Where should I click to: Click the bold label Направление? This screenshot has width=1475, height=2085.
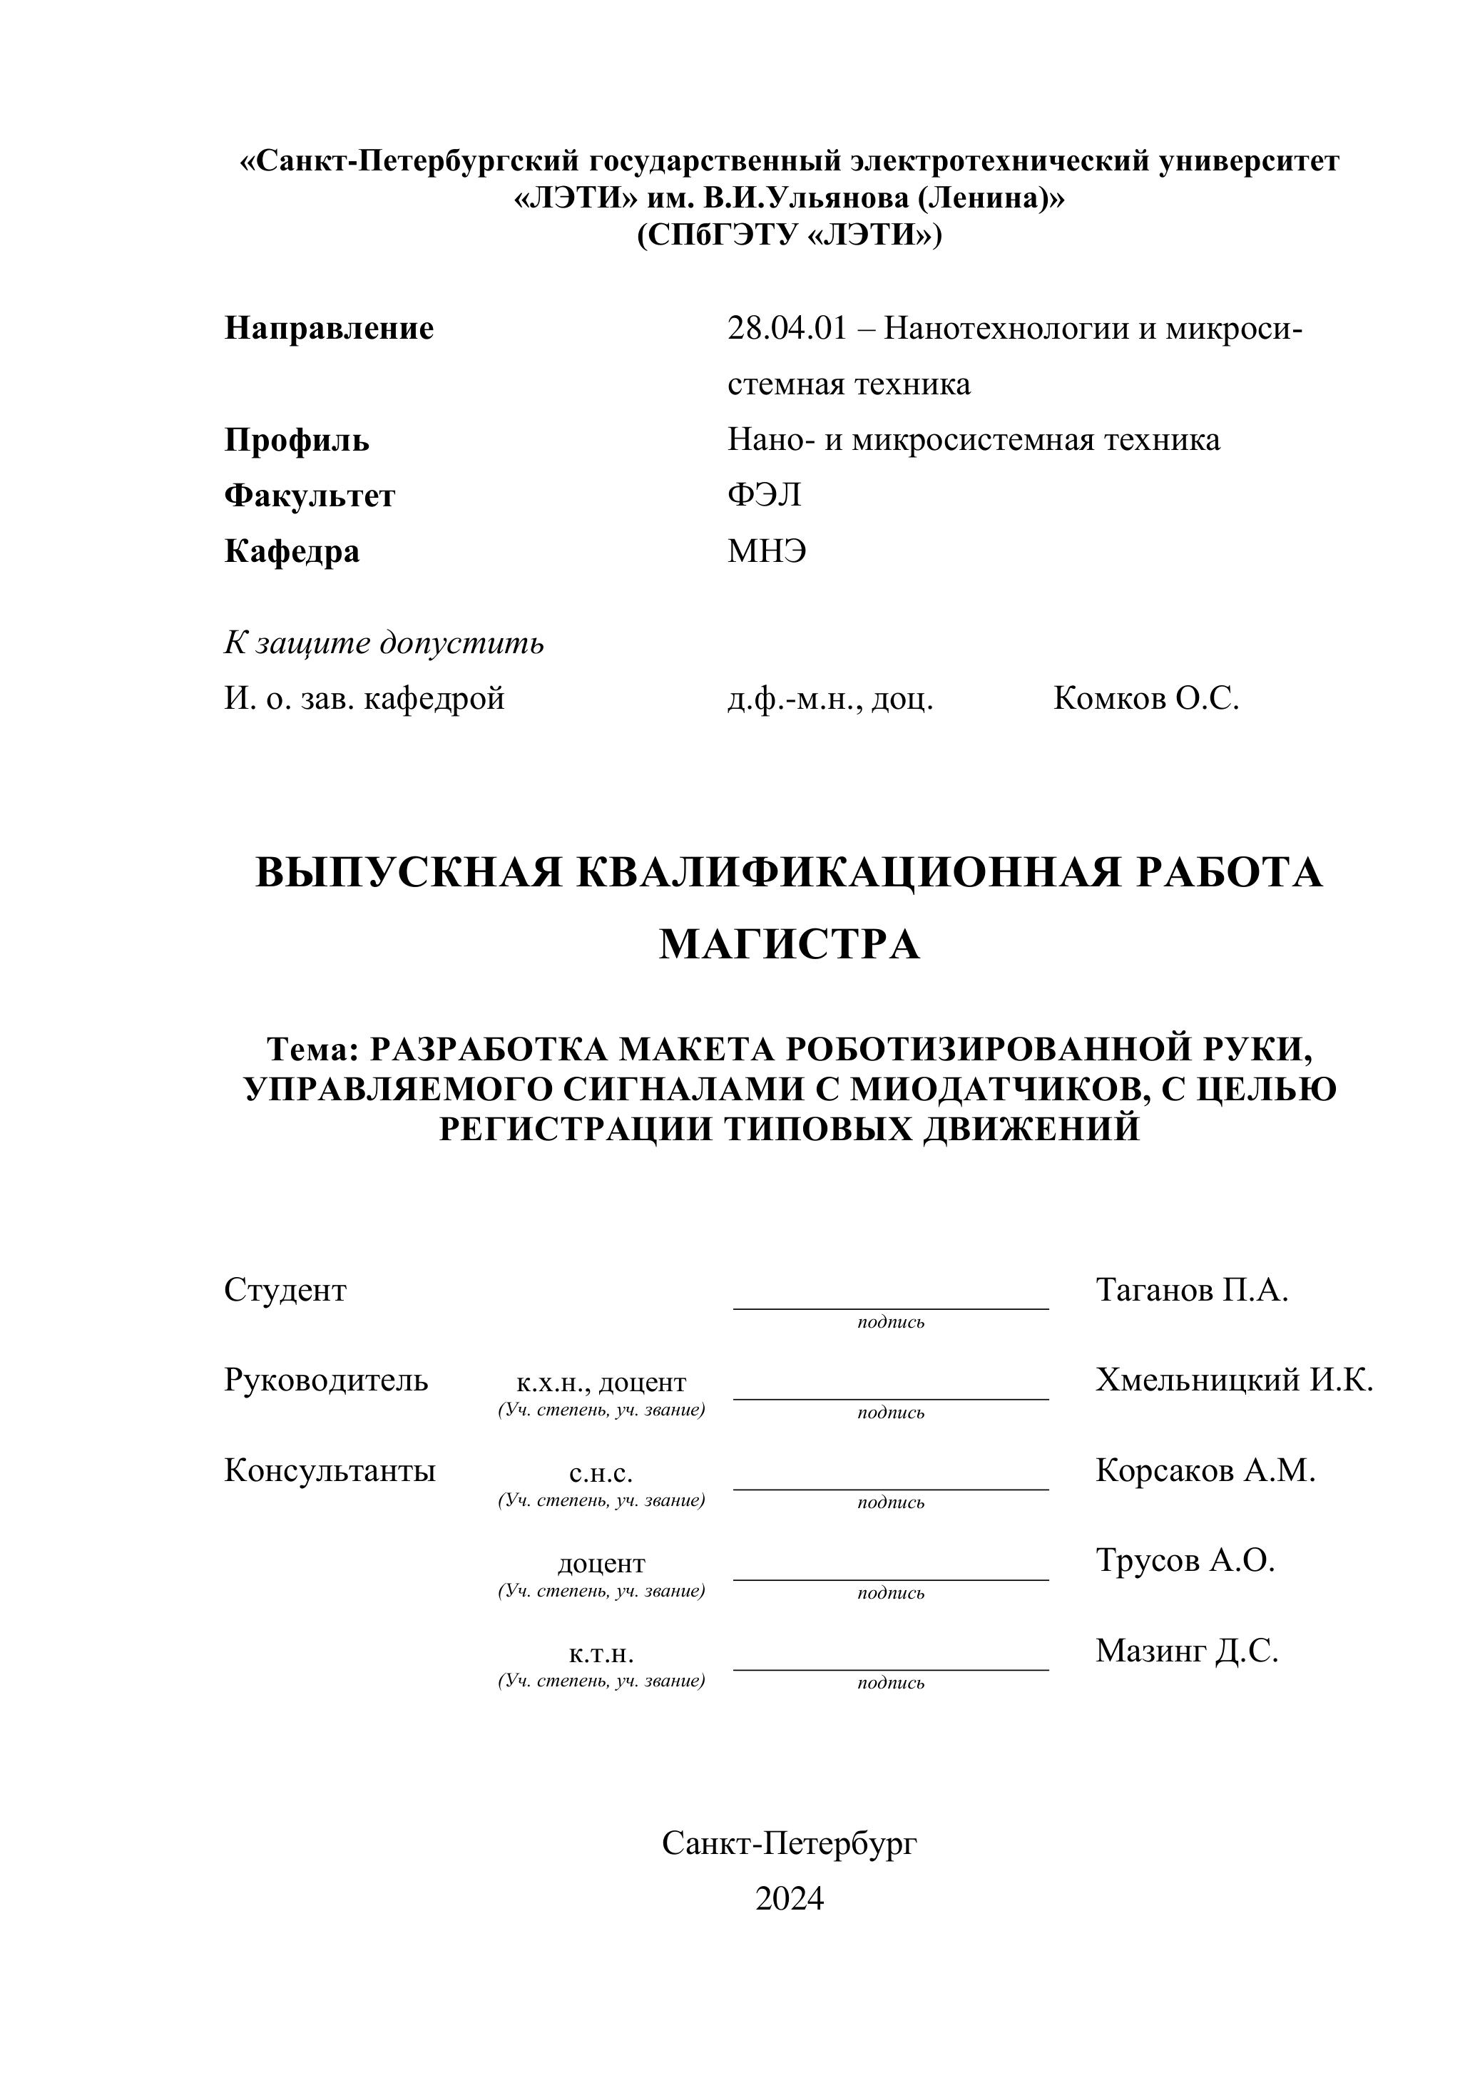pos(329,328)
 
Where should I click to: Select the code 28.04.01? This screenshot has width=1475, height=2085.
pos(787,328)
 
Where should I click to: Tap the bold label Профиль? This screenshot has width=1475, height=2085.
pos(297,441)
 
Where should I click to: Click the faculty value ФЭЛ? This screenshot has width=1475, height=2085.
pos(764,496)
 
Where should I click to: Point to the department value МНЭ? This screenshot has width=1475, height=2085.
pos(767,551)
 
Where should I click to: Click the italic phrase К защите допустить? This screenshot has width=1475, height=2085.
pos(384,643)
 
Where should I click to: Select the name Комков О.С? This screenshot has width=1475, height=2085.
pos(1146,700)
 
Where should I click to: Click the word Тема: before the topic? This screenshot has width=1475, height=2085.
pos(313,1049)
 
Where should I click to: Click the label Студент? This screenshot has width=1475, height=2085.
pos(285,1291)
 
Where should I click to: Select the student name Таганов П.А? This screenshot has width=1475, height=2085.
pos(1192,1291)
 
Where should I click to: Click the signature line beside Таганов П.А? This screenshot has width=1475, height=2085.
pos(890,1308)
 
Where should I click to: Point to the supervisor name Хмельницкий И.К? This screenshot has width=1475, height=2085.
pos(1233,1380)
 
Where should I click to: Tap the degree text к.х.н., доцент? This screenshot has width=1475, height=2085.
pos(601,1383)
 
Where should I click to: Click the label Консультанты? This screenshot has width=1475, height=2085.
pos(330,1470)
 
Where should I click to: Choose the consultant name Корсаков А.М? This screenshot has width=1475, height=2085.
pos(1205,1470)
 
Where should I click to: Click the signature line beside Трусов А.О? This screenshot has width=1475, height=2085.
pos(890,1580)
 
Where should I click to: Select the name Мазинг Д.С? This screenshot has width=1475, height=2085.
pos(1186,1651)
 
